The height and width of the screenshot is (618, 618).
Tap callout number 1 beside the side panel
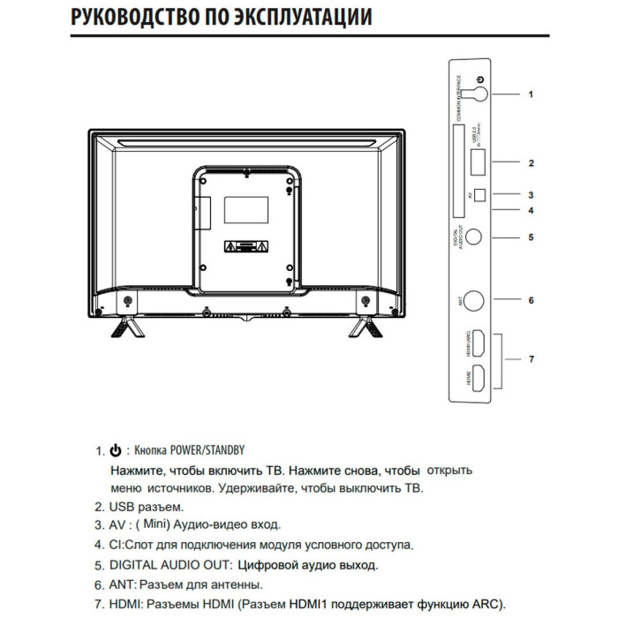point(531,93)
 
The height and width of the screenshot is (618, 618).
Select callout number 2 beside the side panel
point(531,163)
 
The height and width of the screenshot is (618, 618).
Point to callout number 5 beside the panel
point(531,237)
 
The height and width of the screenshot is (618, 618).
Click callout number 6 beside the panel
point(531,300)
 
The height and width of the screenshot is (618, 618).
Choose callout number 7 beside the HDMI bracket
point(531,359)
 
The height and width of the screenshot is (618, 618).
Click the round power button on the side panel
point(477,91)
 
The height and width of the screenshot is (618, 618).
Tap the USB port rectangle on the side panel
point(478,162)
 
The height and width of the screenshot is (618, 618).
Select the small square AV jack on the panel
point(479,196)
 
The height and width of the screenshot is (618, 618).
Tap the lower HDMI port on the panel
point(478,378)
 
